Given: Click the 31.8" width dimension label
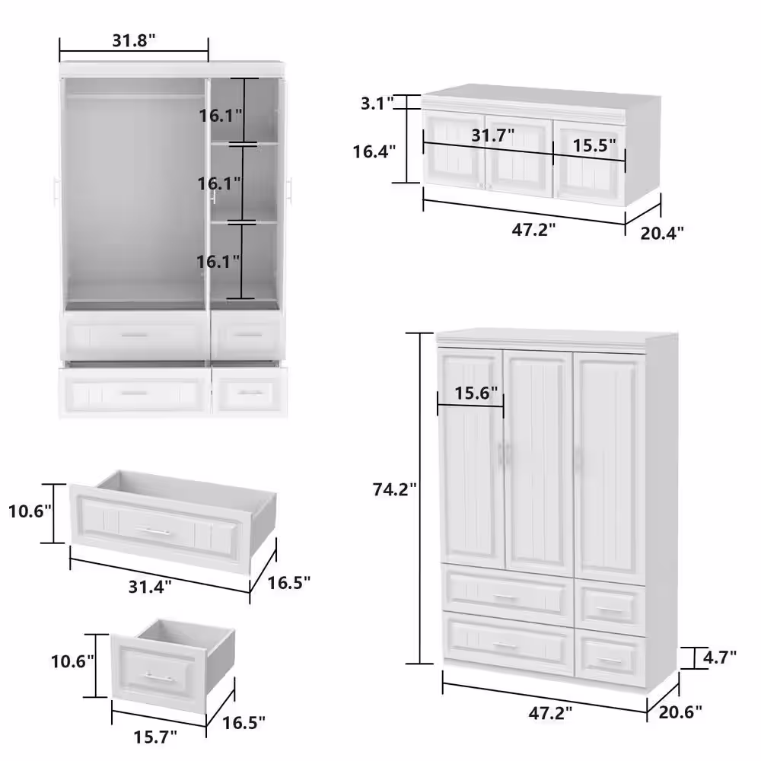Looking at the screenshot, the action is pyautogui.click(x=134, y=40).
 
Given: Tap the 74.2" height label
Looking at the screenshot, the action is pyautogui.click(x=394, y=489).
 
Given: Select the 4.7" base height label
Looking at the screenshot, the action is pyautogui.click(x=720, y=658).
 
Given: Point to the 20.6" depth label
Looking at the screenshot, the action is pyautogui.click(x=680, y=712).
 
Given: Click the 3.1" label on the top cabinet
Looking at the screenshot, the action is pyautogui.click(x=377, y=103).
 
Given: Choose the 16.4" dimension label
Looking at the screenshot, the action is pyautogui.click(x=374, y=151).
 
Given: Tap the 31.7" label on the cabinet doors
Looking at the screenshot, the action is pyautogui.click(x=493, y=135).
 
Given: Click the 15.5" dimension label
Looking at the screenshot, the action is pyautogui.click(x=594, y=145).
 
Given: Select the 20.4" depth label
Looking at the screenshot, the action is pyautogui.click(x=662, y=233).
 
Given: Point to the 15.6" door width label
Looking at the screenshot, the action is pyautogui.click(x=476, y=393).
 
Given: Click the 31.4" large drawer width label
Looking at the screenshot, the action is pyautogui.click(x=150, y=587).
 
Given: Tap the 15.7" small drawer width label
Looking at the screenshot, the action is pyautogui.click(x=155, y=737).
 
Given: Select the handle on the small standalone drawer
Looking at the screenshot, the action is pyautogui.click(x=159, y=677).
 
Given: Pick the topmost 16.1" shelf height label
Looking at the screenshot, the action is pyautogui.click(x=221, y=116).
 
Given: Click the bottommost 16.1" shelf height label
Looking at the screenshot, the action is pyautogui.click(x=218, y=262).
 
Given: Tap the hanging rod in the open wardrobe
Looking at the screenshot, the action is pyautogui.click(x=135, y=97).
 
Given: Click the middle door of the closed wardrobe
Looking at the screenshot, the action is pyautogui.click(x=539, y=462).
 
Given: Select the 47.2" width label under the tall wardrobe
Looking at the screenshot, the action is pyautogui.click(x=550, y=713).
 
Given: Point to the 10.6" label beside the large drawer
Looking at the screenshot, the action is pyautogui.click(x=30, y=511).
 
